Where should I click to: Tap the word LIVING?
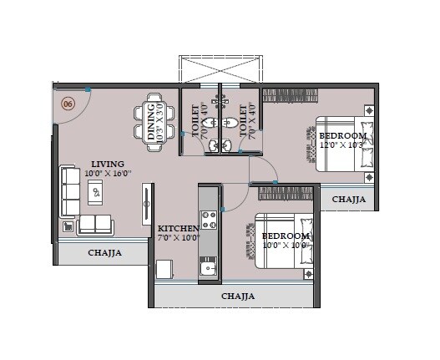pyautogui.click(x=109, y=164)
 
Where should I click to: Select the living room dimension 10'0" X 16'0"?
pyautogui.click(x=108, y=174)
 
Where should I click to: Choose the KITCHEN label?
pyautogui.click(x=178, y=227)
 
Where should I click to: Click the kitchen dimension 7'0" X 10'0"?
pyautogui.click(x=179, y=238)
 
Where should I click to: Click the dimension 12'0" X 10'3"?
pyautogui.click(x=342, y=145)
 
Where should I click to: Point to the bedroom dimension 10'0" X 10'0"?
pyautogui.click(x=286, y=246)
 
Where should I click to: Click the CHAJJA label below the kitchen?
pyautogui.click(x=238, y=296)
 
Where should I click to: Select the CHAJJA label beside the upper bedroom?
pyautogui.click(x=348, y=200)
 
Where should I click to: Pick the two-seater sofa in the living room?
pyautogui.click(x=94, y=223)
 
